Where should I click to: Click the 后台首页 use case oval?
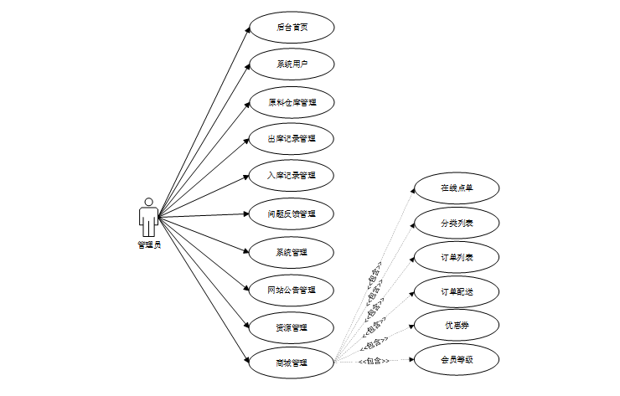[x=292, y=27]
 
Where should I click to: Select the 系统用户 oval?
[x=292, y=64]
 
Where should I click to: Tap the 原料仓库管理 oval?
[x=292, y=102]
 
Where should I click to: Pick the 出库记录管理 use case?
[x=292, y=139]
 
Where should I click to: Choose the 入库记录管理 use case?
[x=292, y=176]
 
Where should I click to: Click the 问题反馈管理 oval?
[x=292, y=213]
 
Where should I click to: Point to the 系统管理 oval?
[x=292, y=251]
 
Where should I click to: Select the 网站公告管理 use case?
[x=292, y=290]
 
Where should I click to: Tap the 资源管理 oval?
[x=292, y=327]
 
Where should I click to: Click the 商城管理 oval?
[x=292, y=363]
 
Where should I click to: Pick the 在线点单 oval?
[x=457, y=188]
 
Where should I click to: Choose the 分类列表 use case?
[x=457, y=224]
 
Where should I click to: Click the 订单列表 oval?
[x=457, y=257]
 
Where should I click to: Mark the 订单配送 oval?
[x=457, y=291]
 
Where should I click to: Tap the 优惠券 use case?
[x=457, y=325]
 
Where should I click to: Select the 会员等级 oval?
[x=457, y=360]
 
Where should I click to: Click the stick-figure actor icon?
[x=148, y=218]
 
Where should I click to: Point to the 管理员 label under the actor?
[x=149, y=245]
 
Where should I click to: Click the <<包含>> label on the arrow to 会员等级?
[x=374, y=361]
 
